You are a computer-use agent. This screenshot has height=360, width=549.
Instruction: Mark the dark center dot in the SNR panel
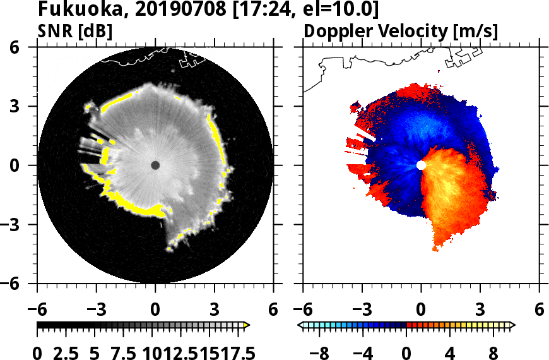pos(155,165)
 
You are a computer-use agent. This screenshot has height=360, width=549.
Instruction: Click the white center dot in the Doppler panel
pos(421,165)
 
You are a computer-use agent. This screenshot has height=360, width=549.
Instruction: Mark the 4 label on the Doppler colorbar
pos(450,352)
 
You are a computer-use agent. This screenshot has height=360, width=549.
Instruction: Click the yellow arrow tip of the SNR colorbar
pos(247,325)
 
